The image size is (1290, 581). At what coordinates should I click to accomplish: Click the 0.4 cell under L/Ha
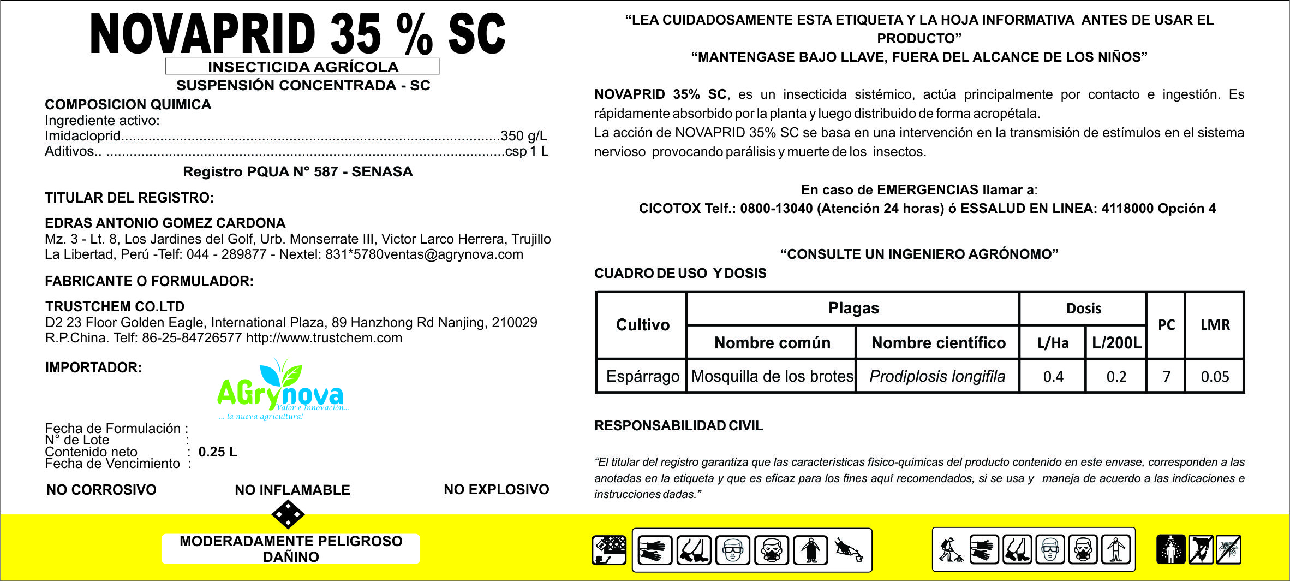pyautogui.click(x=1053, y=376)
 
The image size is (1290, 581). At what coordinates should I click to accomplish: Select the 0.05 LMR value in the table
pyautogui.click(x=1215, y=376)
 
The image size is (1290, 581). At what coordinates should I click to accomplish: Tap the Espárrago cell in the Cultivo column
pyautogui.click(x=642, y=376)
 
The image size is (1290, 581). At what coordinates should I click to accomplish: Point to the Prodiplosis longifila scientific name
pyautogui.click(x=937, y=376)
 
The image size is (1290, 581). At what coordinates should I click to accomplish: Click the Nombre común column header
pyautogui.click(x=772, y=343)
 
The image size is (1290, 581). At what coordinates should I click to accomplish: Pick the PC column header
pyautogui.click(x=1166, y=325)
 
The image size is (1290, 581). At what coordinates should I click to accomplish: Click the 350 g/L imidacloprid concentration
pyautogui.click(x=523, y=136)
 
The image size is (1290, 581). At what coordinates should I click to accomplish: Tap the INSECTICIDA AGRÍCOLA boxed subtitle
pyautogui.click(x=303, y=67)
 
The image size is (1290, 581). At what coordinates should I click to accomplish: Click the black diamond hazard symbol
pyautogui.click(x=288, y=514)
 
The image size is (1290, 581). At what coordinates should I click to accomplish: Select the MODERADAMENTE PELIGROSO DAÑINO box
pyautogui.click(x=291, y=549)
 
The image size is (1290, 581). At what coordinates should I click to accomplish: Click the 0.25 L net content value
pyautogui.click(x=217, y=452)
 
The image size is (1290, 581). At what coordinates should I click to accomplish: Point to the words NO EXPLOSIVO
pyautogui.click(x=496, y=489)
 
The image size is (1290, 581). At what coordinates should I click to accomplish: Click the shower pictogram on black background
pyautogui.click(x=1170, y=549)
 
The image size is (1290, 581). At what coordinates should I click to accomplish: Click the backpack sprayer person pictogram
pyautogui.click(x=951, y=549)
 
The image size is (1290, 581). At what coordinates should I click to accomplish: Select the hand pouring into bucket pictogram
pyautogui.click(x=849, y=549)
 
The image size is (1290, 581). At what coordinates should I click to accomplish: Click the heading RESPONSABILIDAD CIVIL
pyautogui.click(x=678, y=426)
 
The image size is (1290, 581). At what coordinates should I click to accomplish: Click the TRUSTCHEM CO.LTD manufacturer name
pyautogui.click(x=115, y=306)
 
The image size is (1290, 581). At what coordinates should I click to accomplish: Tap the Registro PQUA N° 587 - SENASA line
pyautogui.click(x=297, y=171)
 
